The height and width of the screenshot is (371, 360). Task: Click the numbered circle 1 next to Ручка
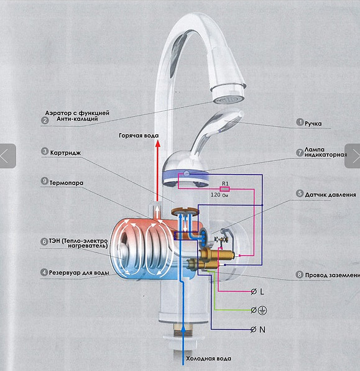[x=300, y=122]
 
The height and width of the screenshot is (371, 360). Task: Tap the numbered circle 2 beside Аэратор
[x=45, y=121]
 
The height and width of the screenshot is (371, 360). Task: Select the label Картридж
[x=65, y=153]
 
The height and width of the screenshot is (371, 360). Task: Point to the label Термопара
[x=67, y=183]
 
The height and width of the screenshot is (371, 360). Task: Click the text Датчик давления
[x=330, y=195]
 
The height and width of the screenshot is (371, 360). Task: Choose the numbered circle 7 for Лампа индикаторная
[x=300, y=153]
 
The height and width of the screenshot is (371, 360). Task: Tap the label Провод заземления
[x=332, y=275]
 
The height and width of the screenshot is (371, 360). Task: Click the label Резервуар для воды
[x=79, y=273]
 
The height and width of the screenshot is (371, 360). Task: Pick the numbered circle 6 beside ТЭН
[x=44, y=242]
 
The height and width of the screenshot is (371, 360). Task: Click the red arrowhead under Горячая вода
[x=158, y=144]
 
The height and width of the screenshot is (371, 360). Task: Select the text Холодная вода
[x=208, y=359]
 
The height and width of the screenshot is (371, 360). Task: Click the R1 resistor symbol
[x=224, y=189]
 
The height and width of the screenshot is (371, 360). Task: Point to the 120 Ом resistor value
[x=219, y=195]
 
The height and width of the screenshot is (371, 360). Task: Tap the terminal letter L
[x=262, y=291]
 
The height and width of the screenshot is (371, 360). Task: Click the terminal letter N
[x=262, y=329]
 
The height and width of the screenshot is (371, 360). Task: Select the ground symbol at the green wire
[x=262, y=310]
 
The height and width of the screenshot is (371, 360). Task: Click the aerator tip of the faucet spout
[x=229, y=100]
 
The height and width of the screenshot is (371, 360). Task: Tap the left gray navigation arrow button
[x=7, y=156]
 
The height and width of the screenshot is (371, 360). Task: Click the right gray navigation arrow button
[x=353, y=156]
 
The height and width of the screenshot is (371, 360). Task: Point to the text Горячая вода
[x=139, y=135]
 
